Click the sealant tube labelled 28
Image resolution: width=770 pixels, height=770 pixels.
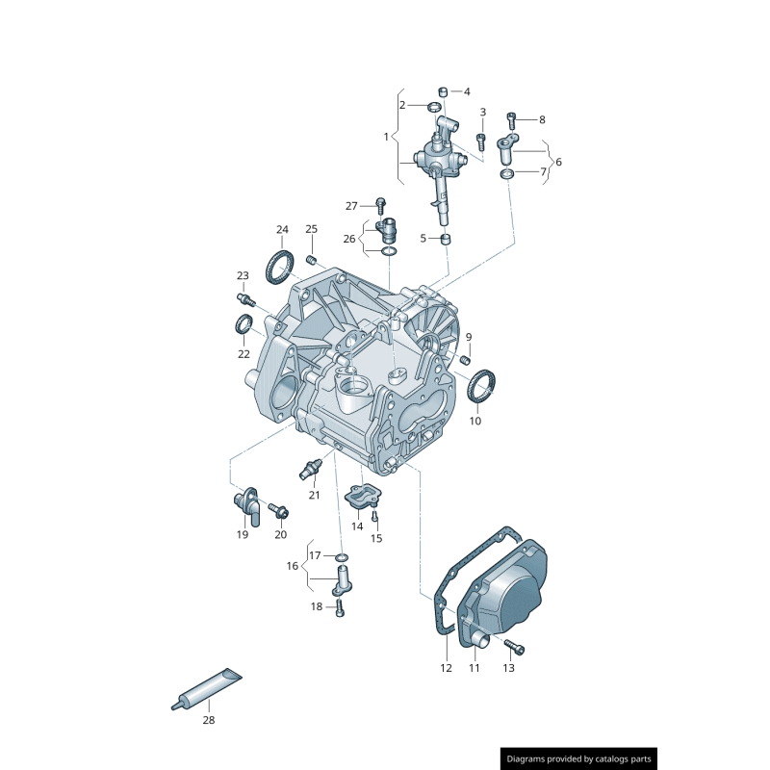[207, 688]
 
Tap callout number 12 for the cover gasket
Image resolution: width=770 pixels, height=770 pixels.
[446, 667]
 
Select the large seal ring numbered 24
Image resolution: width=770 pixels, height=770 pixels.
[280, 266]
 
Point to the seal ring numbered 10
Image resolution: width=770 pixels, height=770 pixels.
[481, 387]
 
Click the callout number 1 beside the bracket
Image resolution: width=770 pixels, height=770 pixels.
[386, 137]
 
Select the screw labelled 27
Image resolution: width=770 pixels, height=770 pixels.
[381, 205]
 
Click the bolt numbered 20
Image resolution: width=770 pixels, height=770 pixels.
[277, 508]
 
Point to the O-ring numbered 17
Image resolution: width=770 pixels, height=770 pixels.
[342, 556]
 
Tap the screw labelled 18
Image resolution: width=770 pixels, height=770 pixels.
[340, 607]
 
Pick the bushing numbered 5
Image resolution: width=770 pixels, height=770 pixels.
[447, 238]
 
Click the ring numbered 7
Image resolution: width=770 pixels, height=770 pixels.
[507, 173]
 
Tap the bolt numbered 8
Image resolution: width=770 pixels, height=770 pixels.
[511, 119]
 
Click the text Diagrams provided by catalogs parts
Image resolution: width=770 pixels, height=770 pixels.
[579, 758]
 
